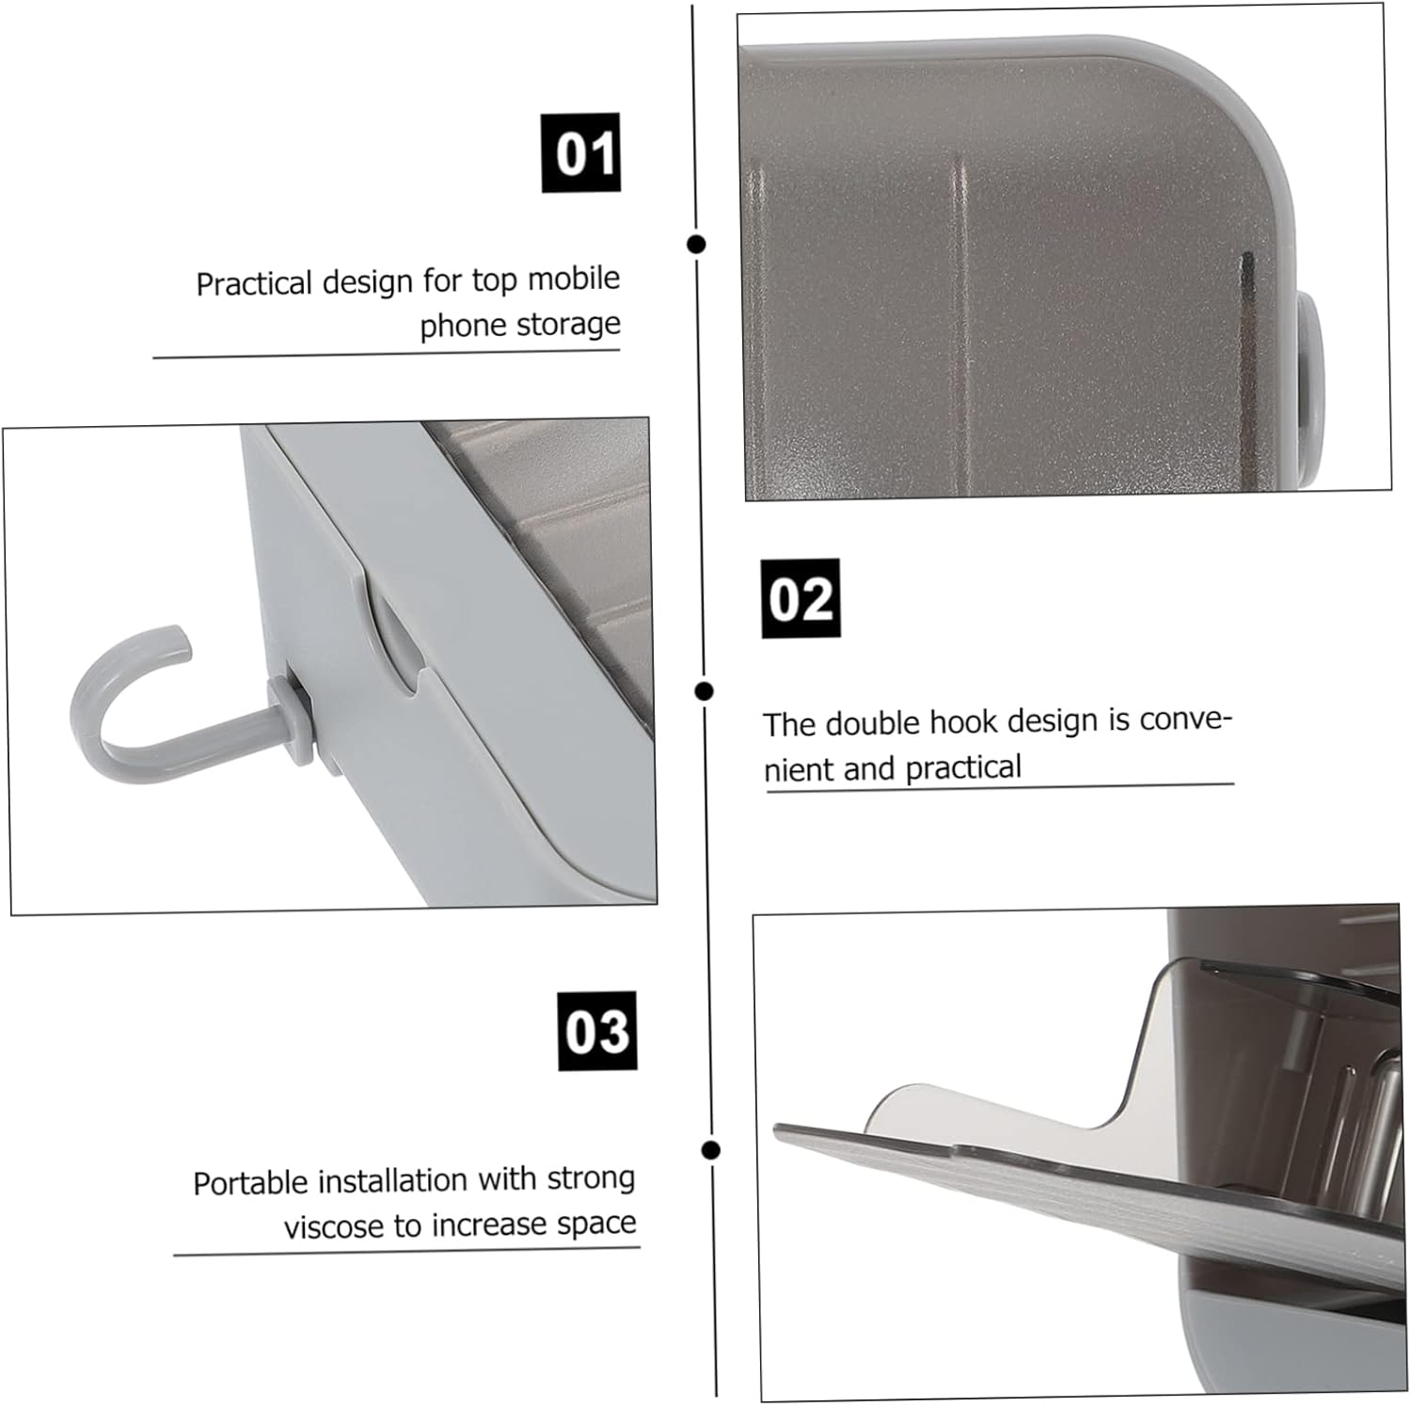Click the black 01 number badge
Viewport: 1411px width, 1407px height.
pos(580,152)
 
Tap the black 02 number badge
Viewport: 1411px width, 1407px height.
pos(801,598)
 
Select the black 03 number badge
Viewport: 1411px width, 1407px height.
pos(597,1031)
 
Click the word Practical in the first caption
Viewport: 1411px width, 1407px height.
pos(254,283)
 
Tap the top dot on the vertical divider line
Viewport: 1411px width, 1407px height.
pos(696,245)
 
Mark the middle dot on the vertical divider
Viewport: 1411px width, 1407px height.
pos(704,691)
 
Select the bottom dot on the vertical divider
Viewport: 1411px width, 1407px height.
pos(711,1149)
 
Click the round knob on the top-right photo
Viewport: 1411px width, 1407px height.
pos(1310,355)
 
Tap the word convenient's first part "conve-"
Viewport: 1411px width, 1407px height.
pos(1185,719)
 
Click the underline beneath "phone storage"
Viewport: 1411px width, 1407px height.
pos(387,355)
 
